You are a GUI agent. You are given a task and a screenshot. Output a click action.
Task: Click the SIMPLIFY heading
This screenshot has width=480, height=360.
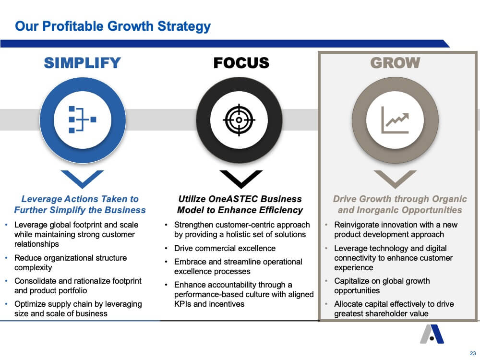83,63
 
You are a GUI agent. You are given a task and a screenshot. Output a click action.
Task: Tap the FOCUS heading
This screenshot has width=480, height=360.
241,63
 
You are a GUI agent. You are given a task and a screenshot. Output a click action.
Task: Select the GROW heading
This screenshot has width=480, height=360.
395,63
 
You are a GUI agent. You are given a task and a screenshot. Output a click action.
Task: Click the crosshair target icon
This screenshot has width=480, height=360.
239,120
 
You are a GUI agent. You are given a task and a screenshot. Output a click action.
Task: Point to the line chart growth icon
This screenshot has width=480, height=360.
395,120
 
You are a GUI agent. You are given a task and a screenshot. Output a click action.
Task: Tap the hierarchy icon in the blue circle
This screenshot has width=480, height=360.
83,120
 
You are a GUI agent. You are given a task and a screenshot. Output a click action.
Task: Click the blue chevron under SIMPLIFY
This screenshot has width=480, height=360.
82,179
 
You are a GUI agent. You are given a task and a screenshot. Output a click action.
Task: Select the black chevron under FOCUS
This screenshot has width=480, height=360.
241,179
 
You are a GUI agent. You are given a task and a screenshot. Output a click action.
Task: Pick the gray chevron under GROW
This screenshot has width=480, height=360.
395,179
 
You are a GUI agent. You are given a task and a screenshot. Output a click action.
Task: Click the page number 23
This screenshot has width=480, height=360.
473,353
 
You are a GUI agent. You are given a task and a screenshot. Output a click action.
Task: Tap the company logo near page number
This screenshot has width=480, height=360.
432,334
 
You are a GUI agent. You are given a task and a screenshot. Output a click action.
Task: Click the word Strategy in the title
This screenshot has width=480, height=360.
184,26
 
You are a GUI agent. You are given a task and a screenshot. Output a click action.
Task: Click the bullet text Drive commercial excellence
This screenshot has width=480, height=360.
225,248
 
